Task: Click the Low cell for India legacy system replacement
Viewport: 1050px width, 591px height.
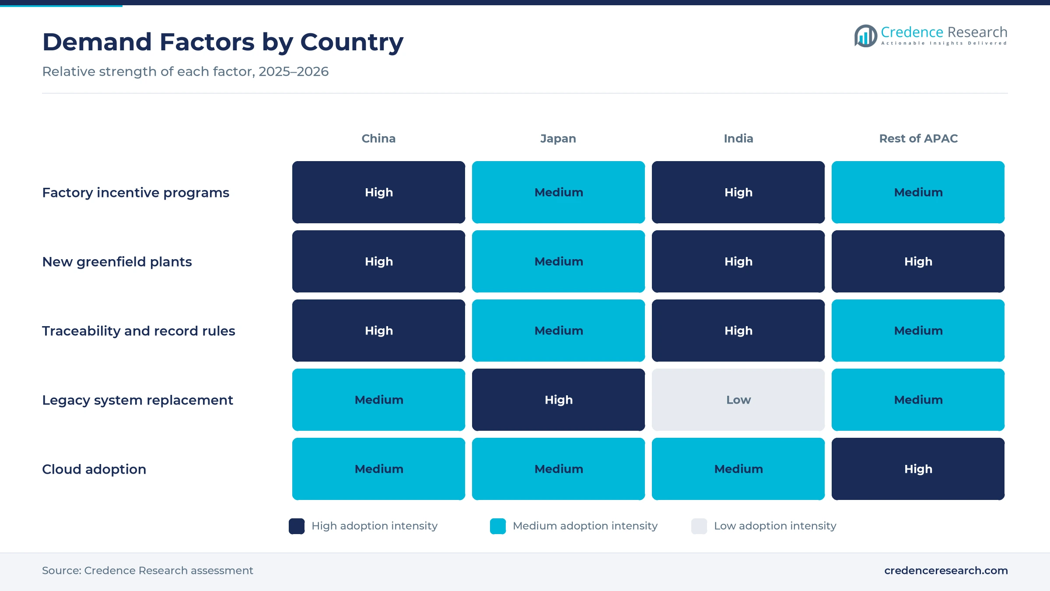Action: point(738,400)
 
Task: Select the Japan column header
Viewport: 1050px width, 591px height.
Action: point(558,138)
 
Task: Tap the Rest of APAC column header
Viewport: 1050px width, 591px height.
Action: point(918,138)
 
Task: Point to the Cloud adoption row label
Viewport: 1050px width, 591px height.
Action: point(94,469)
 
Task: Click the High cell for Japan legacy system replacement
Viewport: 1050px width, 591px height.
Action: point(558,400)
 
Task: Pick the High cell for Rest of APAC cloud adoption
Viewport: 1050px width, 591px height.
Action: point(918,469)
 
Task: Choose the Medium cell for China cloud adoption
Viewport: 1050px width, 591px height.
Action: point(378,469)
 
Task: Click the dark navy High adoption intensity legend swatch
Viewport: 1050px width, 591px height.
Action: point(297,526)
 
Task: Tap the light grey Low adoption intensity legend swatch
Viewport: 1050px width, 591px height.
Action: point(699,526)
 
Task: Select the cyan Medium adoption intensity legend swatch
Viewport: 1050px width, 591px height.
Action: point(498,526)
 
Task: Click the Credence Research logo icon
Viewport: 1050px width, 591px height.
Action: point(865,36)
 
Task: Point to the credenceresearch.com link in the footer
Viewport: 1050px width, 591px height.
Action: point(946,570)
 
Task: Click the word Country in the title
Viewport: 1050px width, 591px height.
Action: point(352,42)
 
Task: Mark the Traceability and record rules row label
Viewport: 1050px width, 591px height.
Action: point(139,331)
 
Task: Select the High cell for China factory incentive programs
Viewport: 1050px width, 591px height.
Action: point(378,192)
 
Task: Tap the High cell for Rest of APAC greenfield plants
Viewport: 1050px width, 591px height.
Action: point(918,261)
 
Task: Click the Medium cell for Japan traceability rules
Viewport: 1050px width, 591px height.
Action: point(558,331)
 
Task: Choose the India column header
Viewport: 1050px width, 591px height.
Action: point(738,138)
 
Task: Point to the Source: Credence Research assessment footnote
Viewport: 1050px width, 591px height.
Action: point(147,570)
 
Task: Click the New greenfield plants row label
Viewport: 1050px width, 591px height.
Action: point(117,261)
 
